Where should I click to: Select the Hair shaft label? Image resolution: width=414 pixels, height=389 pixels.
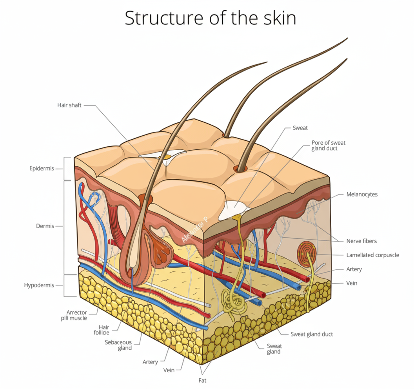pos(69,105)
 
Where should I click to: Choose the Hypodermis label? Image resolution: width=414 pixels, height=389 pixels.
pos(39,285)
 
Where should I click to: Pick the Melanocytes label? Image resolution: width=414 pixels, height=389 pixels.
pos(362,194)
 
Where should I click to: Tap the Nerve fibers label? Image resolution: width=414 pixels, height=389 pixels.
pos(361,241)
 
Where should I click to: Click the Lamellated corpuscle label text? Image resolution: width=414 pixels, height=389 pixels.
pos(372,255)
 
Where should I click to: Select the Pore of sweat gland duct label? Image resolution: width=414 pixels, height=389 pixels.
pos(328,145)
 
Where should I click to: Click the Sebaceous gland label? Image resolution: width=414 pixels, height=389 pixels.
pos(118,345)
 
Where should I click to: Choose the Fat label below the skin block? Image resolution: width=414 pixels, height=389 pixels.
pos(202,380)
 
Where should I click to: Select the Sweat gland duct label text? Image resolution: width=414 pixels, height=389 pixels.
pos(312,334)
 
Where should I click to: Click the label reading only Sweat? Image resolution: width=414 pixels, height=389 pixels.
pos(300,128)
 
